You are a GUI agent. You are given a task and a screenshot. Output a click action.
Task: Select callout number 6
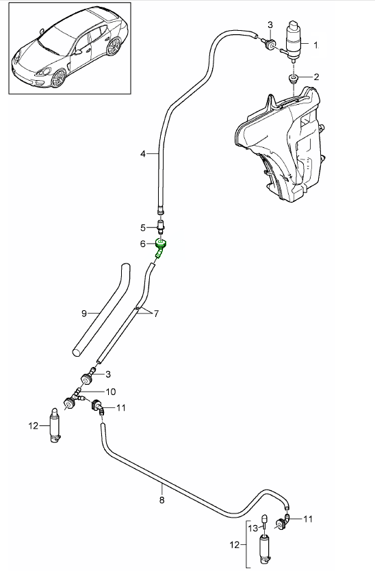(x=143, y=244)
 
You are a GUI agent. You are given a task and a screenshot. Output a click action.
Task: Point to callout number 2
(x=317, y=77)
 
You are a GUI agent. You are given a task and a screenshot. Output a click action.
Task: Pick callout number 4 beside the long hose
(x=144, y=154)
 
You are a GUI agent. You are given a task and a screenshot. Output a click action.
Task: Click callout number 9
(x=84, y=314)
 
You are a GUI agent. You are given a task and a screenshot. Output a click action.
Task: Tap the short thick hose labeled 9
(x=103, y=309)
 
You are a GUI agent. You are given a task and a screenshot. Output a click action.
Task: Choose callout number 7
(x=155, y=314)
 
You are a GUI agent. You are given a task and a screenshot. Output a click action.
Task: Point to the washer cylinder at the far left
(x=54, y=426)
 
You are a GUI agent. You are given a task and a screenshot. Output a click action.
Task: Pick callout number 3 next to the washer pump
(x=271, y=26)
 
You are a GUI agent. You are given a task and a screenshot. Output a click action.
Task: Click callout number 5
(x=144, y=227)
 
